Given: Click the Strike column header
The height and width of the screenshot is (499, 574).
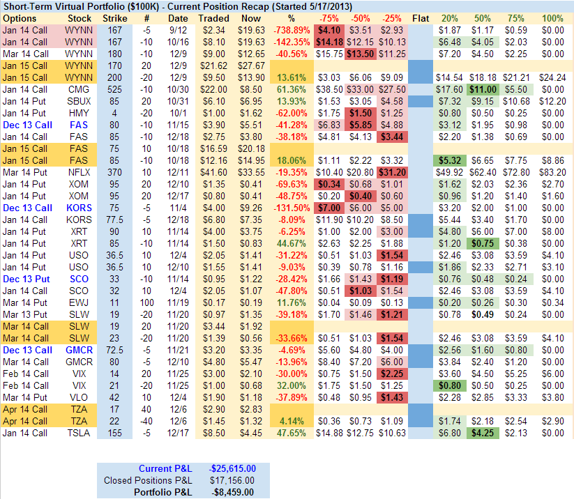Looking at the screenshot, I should [114, 17].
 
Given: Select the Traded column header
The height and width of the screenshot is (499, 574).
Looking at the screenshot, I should [213, 17].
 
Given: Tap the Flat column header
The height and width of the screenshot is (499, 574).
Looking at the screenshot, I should [421, 17].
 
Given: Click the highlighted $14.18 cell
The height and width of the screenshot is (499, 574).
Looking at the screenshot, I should [329, 43].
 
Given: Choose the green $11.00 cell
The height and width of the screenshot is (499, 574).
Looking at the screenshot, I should [481, 89].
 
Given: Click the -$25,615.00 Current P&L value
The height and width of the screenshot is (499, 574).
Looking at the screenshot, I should [234, 468].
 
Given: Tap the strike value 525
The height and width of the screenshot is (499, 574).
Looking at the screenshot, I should [114, 89].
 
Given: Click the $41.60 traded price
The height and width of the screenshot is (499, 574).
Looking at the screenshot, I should [213, 171].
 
